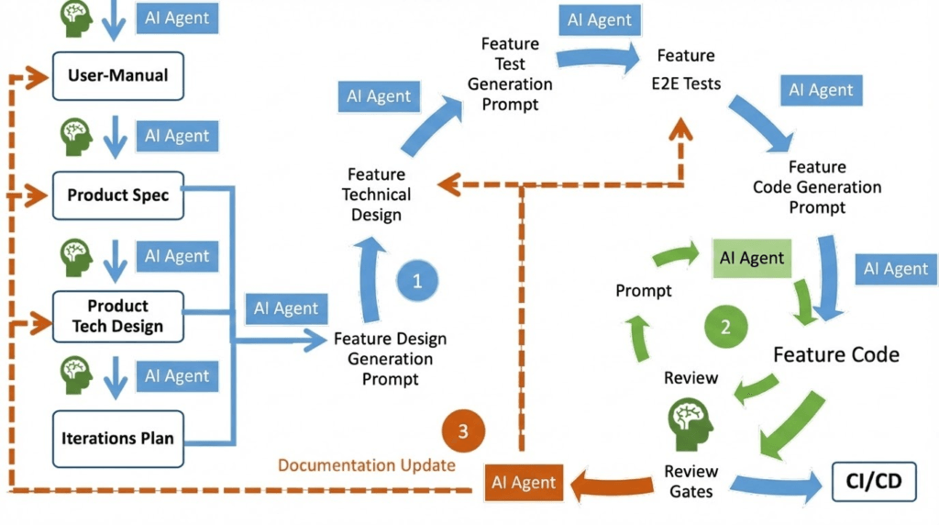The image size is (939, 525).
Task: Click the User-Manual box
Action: [118, 74]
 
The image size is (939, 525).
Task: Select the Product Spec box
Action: [118, 195]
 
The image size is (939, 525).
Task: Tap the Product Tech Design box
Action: [118, 315]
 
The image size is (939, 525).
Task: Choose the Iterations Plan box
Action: [118, 438]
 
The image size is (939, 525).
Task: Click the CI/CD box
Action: [874, 482]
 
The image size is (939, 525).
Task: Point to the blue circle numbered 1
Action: [417, 281]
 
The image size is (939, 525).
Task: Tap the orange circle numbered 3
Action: [463, 430]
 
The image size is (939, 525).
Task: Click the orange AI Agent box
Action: [524, 483]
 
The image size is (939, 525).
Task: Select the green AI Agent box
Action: [752, 258]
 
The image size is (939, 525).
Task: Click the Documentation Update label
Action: [367, 464]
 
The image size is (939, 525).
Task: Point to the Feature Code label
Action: [836, 354]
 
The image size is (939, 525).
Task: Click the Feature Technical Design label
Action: [376, 195]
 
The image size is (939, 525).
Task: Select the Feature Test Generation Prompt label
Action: [510, 74]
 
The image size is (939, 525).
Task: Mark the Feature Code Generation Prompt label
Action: [817, 187]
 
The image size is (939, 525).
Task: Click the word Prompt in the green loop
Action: [644, 291]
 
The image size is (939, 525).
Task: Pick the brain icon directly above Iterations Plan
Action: [77, 374]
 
